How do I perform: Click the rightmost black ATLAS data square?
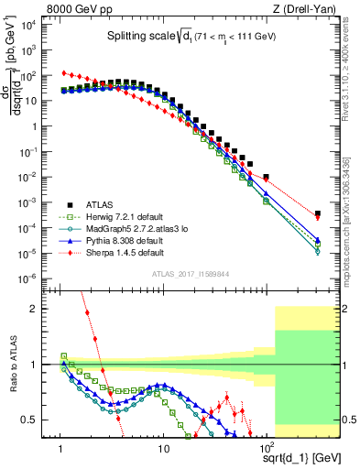tap(317, 213)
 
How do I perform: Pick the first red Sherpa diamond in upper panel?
tap(61, 72)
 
